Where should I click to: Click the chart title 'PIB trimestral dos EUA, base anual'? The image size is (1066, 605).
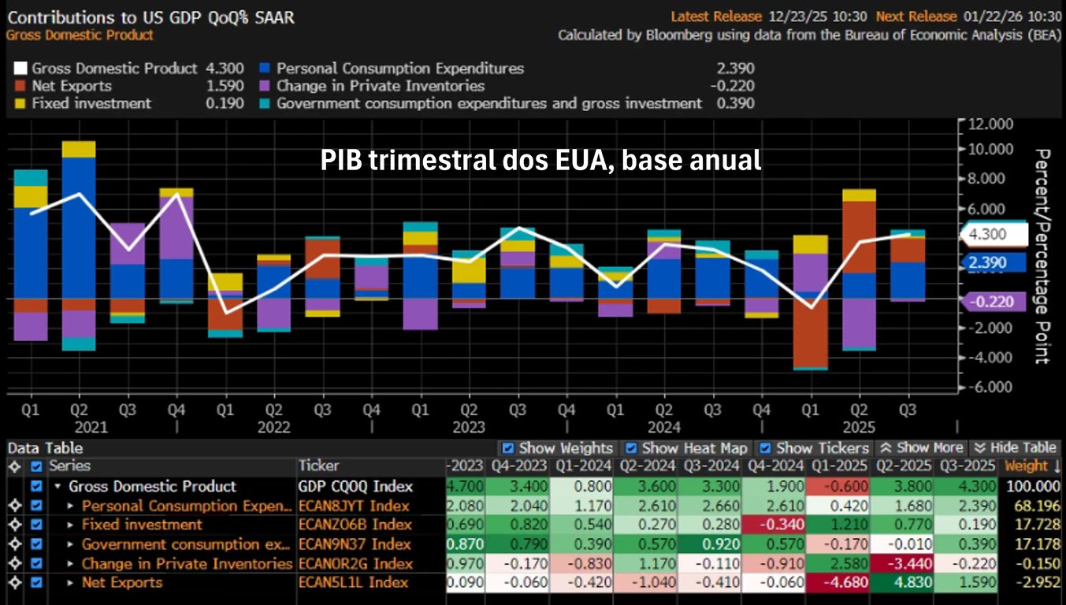pyautogui.click(x=540, y=161)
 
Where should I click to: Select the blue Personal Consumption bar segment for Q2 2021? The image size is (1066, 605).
pyautogui.click(x=79, y=228)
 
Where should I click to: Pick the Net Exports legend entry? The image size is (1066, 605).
pyautogui.click(x=72, y=86)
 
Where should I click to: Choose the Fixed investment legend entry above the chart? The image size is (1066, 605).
pyautogui.click(x=91, y=103)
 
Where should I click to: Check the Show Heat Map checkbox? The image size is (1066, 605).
pyautogui.click(x=629, y=448)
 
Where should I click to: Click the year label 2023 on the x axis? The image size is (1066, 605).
pyautogui.click(x=469, y=428)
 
